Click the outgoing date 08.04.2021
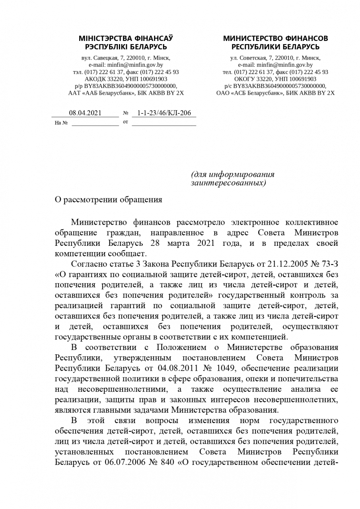coord(85,113)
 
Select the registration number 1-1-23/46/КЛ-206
coord(164,113)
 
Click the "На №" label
coord(61,123)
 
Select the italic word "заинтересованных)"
coord(228,183)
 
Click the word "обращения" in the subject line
coord(141,200)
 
